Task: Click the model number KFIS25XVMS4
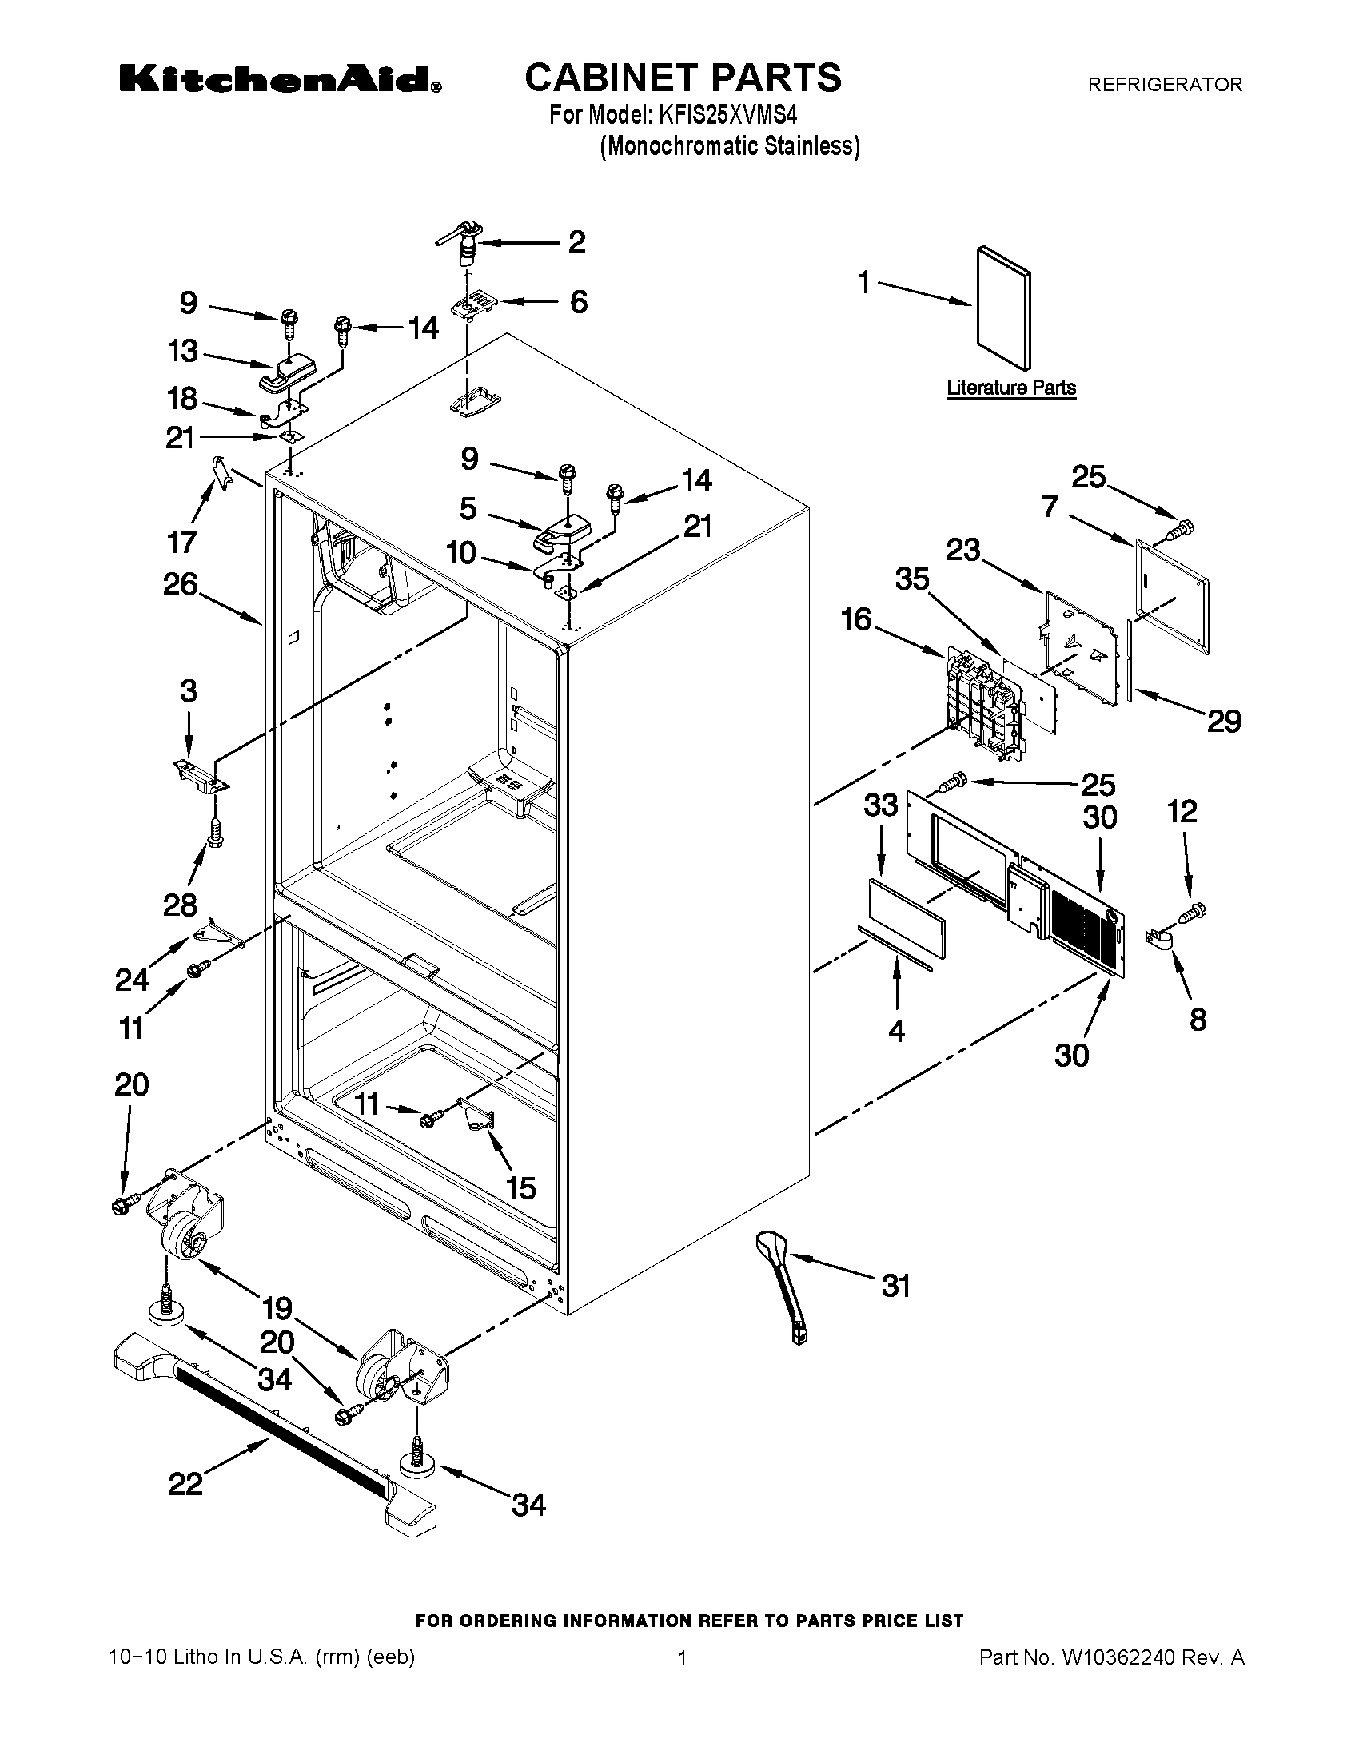click(727, 115)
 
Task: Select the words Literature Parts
click(1010, 388)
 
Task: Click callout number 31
click(896, 1286)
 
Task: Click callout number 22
click(185, 1484)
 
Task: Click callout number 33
click(880, 804)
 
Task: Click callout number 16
click(856, 619)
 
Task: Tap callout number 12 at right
click(1182, 810)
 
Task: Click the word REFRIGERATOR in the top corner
click(1164, 84)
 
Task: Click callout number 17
click(182, 542)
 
